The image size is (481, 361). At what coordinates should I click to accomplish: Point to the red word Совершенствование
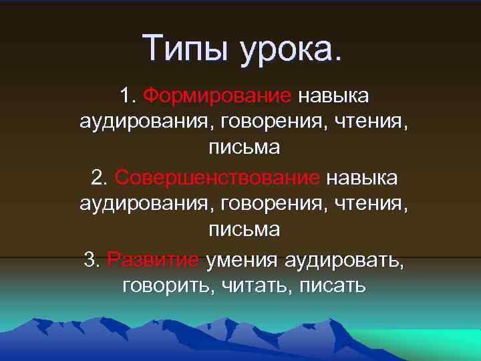(x=218, y=178)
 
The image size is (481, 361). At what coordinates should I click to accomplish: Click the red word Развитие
(x=153, y=259)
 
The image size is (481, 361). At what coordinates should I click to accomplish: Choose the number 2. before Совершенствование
(x=99, y=178)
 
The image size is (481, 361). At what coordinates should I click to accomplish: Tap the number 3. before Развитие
(x=92, y=259)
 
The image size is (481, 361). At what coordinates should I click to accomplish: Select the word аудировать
(x=345, y=259)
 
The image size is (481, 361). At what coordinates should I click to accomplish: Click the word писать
(x=332, y=286)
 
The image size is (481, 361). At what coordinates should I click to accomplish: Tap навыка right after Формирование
(x=333, y=96)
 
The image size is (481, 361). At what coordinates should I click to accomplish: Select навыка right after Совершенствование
(x=362, y=178)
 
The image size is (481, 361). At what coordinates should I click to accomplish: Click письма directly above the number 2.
(x=244, y=147)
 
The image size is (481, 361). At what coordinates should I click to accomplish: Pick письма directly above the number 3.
(x=244, y=229)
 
